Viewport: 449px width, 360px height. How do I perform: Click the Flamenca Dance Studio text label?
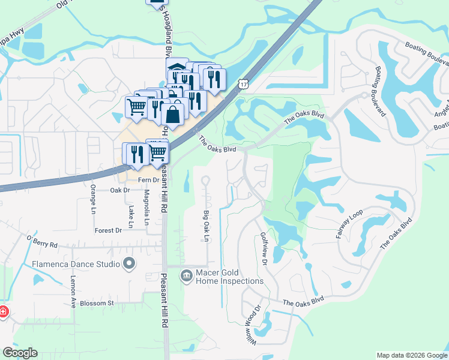coord(71,263)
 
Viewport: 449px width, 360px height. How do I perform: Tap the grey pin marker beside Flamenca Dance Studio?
coord(128,263)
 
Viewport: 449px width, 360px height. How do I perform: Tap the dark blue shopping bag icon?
coord(173,114)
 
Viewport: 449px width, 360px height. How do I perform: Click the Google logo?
coord(20,353)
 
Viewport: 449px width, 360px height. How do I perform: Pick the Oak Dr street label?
coord(120,190)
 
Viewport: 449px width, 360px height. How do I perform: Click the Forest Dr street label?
coord(108,230)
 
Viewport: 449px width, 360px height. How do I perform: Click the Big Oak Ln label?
coord(206,226)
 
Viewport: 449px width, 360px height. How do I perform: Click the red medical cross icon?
coord(2,312)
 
